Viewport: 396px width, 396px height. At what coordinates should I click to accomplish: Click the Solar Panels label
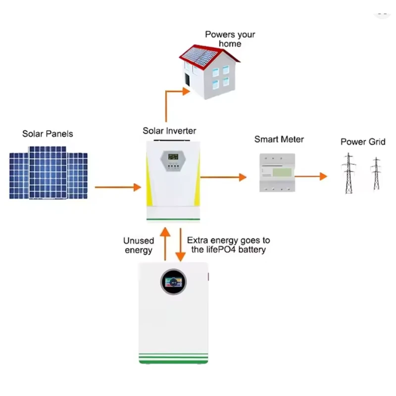pyautogui.click(x=48, y=134)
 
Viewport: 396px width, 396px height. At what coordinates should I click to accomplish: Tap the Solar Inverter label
pyautogui.click(x=169, y=131)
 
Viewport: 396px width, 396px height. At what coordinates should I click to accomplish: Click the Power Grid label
pyautogui.click(x=363, y=142)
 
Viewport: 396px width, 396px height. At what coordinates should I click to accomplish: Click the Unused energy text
pyautogui.click(x=139, y=246)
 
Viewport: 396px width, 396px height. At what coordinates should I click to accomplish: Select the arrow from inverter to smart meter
pyautogui.click(x=223, y=177)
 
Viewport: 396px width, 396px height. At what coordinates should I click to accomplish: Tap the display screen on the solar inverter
pyautogui.click(x=173, y=157)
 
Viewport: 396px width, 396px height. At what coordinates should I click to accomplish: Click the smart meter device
pyautogui.click(x=274, y=172)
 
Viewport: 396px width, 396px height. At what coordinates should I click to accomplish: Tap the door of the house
pyautogui.click(x=187, y=80)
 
